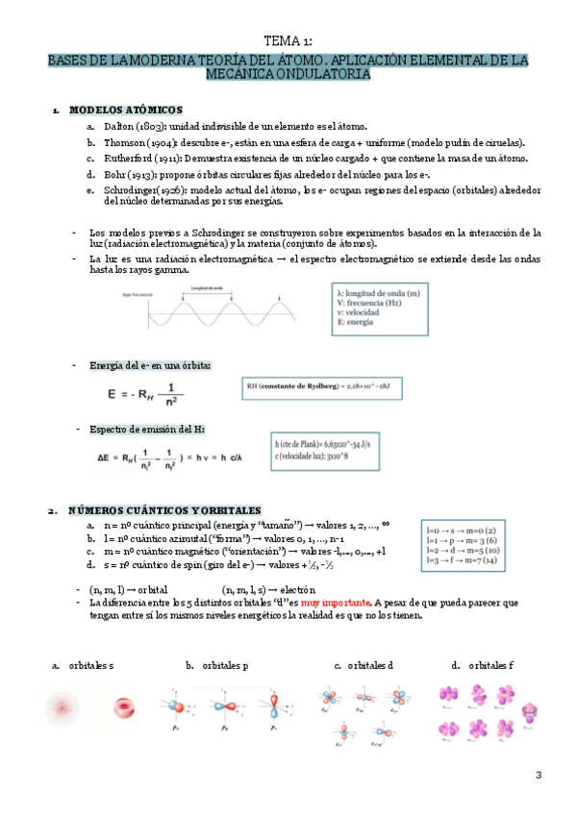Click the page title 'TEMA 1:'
point(288,40)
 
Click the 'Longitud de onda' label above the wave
point(213,287)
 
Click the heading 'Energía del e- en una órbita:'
point(150,365)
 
